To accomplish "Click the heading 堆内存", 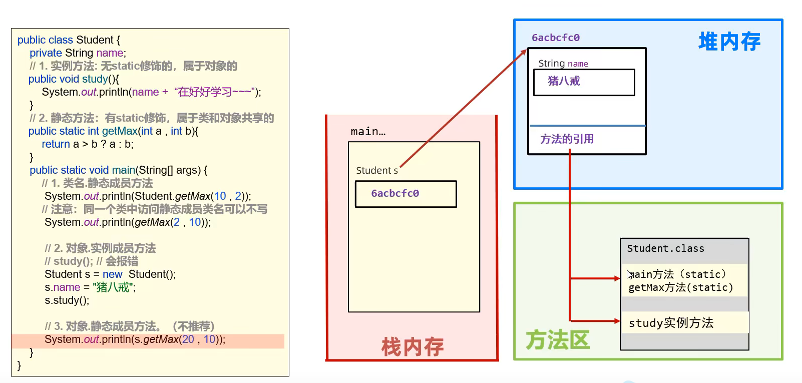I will click(x=729, y=42).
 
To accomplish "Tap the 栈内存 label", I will click(x=413, y=346).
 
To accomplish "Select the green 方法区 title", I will click(x=558, y=340).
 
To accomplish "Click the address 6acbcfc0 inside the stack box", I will click(x=395, y=193).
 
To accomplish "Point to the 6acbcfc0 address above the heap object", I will click(x=556, y=38).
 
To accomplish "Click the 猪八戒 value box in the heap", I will click(x=584, y=82).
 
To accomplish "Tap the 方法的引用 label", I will click(x=567, y=139).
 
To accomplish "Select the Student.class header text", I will click(x=665, y=248).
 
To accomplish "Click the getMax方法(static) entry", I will click(x=680, y=287).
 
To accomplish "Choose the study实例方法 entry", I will click(x=671, y=323).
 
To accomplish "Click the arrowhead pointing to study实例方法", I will click(x=617, y=321).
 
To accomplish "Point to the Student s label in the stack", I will click(x=377, y=170).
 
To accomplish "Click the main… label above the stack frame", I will click(x=368, y=132).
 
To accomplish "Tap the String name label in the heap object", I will click(x=563, y=64).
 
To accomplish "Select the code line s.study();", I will click(x=67, y=300).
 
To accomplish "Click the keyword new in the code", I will click(x=112, y=274).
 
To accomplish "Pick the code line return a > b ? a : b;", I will click(x=88, y=144).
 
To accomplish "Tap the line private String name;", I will click(x=78, y=53).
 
